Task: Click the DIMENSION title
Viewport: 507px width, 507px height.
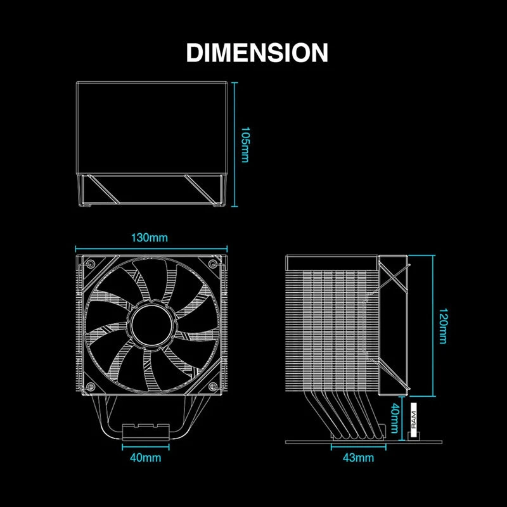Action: (257, 53)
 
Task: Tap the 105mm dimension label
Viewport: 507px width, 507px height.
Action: (245, 144)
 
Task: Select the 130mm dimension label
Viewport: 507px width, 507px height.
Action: (150, 238)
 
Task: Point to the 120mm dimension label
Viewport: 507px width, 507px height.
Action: (443, 326)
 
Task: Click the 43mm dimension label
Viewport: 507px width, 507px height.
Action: (358, 458)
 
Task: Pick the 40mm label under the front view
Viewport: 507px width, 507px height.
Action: (146, 458)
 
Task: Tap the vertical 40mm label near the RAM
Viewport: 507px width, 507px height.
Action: (394, 418)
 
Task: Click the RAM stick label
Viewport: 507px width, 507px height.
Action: (414, 420)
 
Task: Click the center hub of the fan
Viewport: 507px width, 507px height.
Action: (152, 324)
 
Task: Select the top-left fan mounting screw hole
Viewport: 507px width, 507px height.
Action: (91, 263)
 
